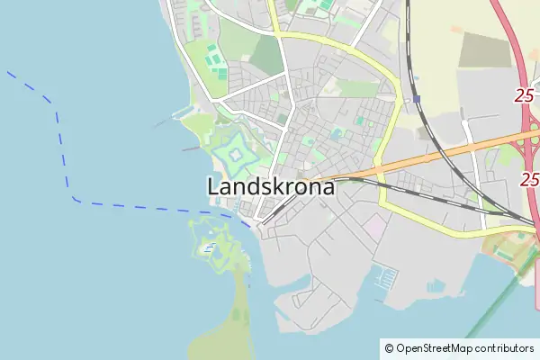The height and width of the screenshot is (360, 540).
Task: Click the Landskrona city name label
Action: tap(270, 188)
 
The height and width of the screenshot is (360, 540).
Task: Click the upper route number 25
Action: tap(526, 95)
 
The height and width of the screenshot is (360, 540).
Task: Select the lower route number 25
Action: tap(528, 180)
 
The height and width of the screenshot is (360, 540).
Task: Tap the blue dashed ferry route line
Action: tap(63, 135)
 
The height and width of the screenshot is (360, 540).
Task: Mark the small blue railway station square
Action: tap(418, 98)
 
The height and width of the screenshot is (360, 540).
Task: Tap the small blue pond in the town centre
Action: tap(337, 133)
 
